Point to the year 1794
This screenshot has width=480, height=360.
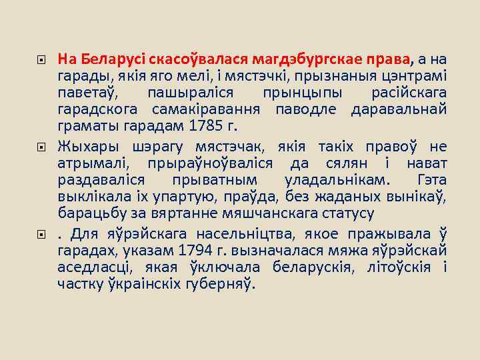197,250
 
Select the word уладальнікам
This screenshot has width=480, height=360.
339,181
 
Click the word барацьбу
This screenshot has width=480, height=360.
86,214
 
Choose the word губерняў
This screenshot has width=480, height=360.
217,284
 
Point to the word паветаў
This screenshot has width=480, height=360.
85,91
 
